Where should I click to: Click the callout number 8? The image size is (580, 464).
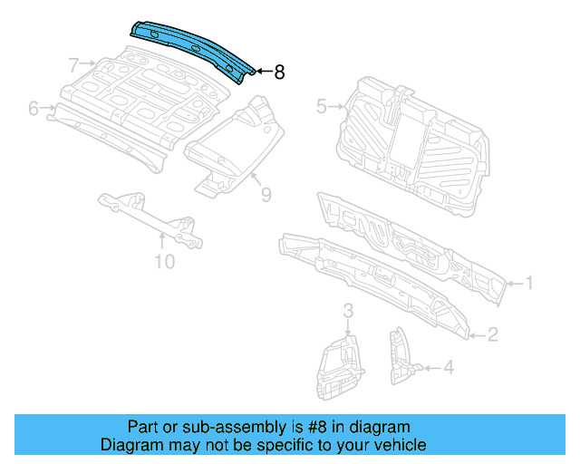click(x=279, y=72)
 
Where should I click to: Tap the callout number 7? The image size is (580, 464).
click(x=74, y=64)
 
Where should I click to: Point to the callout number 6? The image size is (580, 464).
click(x=34, y=109)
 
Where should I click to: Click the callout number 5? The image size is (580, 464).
click(x=321, y=107)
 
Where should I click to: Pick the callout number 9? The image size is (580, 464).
click(x=266, y=193)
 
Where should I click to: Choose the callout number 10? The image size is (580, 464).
click(x=163, y=263)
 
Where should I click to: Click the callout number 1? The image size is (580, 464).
click(x=529, y=284)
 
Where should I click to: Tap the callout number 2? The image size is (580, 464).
click(x=493, y=335)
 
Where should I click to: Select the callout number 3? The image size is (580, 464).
click(x=347, y=313)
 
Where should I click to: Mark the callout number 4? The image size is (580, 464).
click(x=448, y=367)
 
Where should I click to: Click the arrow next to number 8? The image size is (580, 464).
click(x=262, y=72)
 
